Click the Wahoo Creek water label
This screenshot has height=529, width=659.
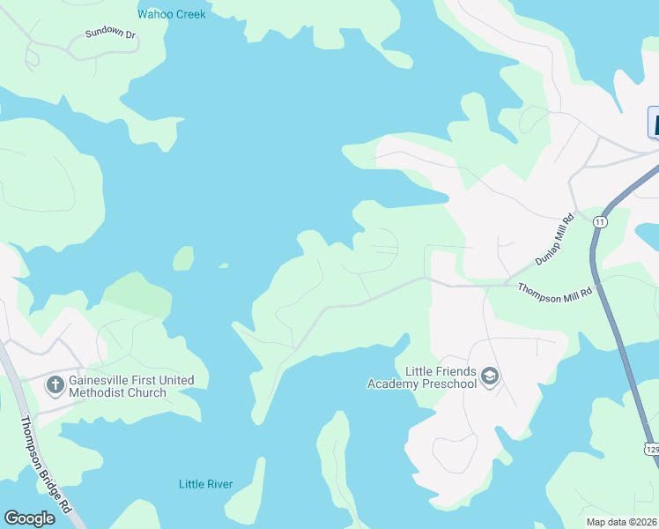click(x=172, y=14)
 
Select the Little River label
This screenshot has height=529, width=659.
click(x=204, y=484)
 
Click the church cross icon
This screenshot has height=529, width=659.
click(x=55, y=384)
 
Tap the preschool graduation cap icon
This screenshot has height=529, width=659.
click(x=490, y=378)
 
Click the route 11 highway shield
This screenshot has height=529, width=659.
click(x=600, y=221)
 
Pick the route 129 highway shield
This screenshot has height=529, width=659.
click(x=651, y=450)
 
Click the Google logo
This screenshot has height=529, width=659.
click(x=29, y=518)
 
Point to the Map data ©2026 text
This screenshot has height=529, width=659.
click(x=621, y=522)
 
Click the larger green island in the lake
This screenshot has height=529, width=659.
click(x=183, y=258)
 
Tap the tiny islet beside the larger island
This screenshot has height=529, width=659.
click(x=224, y=264)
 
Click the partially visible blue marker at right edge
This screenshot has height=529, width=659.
click(x=654, y=123)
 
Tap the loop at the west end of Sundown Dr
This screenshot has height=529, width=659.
click(x=33, y=56)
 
